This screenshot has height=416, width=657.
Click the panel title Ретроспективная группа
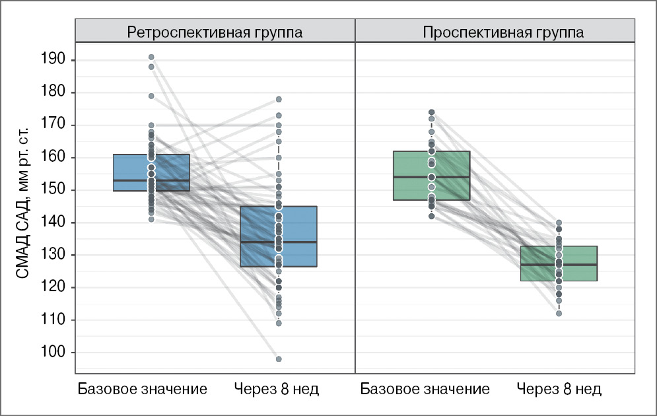point(215,32)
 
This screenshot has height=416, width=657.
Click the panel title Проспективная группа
point(497,32)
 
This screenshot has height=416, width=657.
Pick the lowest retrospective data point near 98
point(279,359)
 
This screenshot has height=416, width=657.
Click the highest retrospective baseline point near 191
point(151,57)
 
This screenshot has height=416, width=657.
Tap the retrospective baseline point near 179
point(151,96)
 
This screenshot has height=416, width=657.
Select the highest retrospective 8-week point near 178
point(279,99)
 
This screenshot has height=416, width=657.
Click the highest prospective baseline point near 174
point(431,112)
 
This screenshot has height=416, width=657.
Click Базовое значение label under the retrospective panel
point(143,389)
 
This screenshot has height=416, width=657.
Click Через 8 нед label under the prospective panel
point(559,389)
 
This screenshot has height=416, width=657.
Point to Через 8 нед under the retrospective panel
point(277,389)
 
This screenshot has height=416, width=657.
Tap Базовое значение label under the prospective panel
point(425,389)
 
